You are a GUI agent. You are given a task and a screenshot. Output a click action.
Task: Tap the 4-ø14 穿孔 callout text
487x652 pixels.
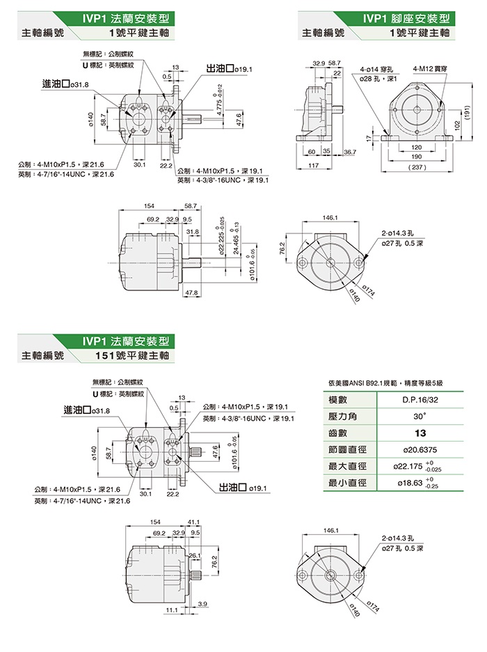(x=377, y=69)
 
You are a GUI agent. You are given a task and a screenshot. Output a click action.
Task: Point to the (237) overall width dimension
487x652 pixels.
(x=417, y=168)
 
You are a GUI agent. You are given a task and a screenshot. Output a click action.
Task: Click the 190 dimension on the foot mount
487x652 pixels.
(x=417, y=157)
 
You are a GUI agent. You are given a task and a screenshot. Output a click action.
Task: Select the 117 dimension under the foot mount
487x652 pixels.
(x=312, y=165)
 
